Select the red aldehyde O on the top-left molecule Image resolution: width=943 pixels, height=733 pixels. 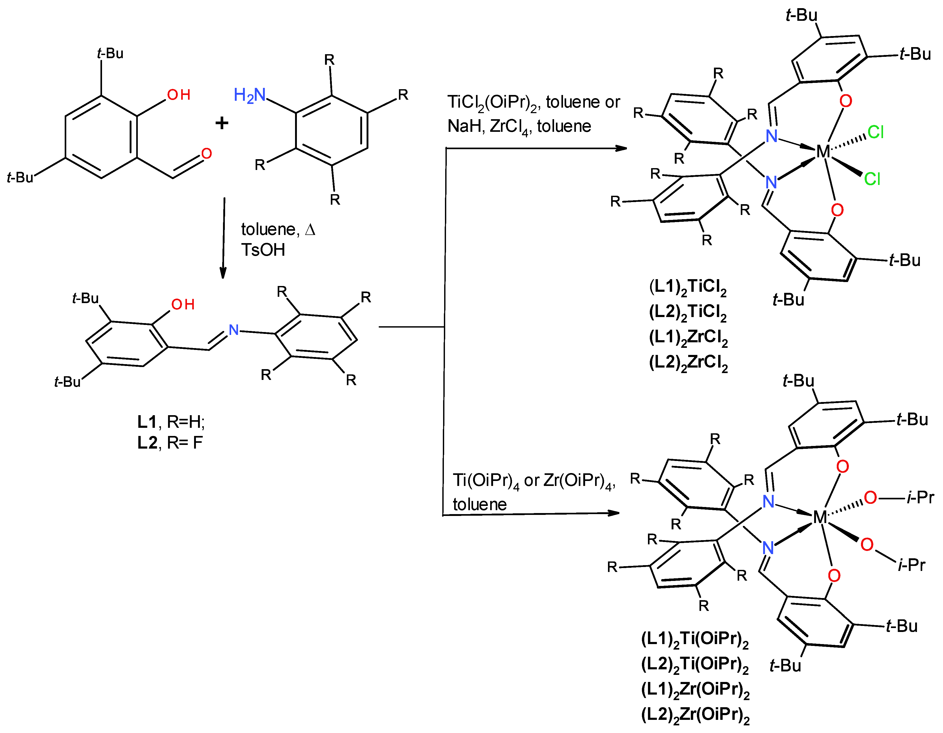[x=206, y=153]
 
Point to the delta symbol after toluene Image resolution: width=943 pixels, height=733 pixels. [x=310, y=229]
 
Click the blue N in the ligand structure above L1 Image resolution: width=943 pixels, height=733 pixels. [x=234, y=330]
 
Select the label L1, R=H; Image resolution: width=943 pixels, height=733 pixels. [x=171, y=421]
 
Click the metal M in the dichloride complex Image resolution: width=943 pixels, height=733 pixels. [x=823, y=152]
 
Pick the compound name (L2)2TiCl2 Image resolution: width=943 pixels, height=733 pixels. [x=688, y=312]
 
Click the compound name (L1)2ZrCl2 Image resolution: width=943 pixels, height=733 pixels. [x=688, y=337]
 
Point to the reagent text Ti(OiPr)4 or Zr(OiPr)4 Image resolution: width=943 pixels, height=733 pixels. [x=534, y=481]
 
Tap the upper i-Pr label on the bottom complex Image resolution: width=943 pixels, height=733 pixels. [x=920, y=498]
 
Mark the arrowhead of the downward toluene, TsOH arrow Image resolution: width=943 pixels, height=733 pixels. [x=223, y=273]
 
